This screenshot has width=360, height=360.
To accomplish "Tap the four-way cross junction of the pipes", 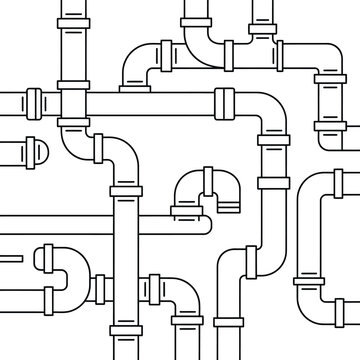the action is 74,102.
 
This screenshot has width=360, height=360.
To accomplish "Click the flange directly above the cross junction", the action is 74,54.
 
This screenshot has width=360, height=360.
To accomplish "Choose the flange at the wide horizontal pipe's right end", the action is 222,101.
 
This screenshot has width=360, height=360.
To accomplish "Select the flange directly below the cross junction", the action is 74,127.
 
